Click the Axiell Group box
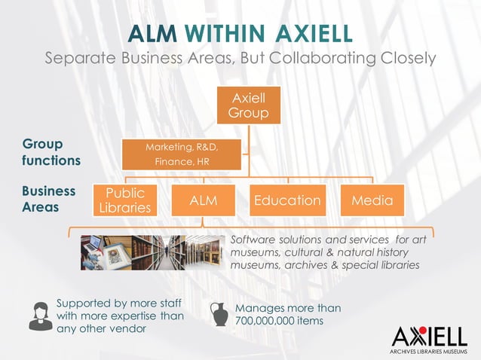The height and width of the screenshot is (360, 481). coord(249,106)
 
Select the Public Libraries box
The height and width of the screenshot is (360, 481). coord(124,200)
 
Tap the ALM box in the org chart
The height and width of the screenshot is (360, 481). coord(203,200)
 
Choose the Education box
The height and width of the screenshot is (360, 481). coord(287,200)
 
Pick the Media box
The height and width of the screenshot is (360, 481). coord(372,200)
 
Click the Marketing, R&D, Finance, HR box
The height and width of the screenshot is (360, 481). coord(182,154)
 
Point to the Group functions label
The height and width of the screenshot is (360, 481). coord(51,152)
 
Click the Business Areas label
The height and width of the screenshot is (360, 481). coord(49,199)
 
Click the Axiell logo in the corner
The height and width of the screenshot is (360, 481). coord(430,335)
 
